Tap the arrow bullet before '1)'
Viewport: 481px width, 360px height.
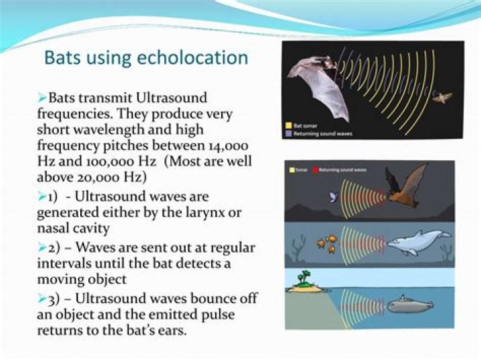[41, 196]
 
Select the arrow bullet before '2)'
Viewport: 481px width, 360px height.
[41, 247]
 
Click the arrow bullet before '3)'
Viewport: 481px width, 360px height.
[41, 297]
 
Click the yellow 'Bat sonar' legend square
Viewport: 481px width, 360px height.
[287, 125]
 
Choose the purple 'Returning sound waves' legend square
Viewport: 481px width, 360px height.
[287, 133]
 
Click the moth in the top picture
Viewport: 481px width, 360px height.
[441, 98]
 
